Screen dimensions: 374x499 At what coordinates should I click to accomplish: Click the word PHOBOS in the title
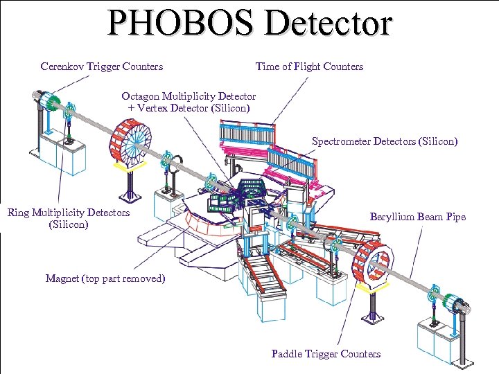tap(182, 22)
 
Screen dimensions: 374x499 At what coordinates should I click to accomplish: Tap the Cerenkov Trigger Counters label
tap(102, 66)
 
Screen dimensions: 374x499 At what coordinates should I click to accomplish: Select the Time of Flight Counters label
tap(309, 66)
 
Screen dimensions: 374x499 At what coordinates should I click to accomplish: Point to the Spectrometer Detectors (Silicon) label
tap(385, 141)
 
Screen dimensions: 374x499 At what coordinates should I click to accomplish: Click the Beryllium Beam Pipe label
tap(418, 217)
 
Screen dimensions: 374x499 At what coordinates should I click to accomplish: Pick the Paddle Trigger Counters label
tap(326, 354)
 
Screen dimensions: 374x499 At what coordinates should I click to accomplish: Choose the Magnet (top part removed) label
tap(105, 278)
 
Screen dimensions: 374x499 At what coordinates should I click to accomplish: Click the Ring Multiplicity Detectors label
tap(69, 213)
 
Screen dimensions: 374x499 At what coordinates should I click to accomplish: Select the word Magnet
tap(62, 278)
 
